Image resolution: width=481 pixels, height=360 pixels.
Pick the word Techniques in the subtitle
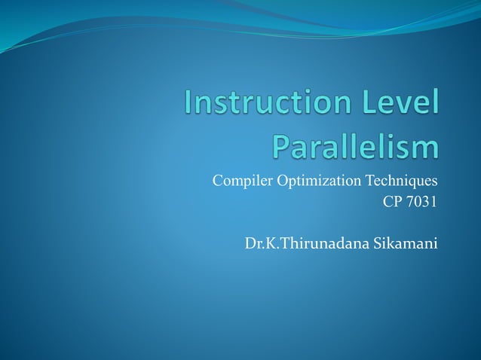click(x=401, y=182)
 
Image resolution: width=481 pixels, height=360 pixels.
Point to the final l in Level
click(x=436, y=102)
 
